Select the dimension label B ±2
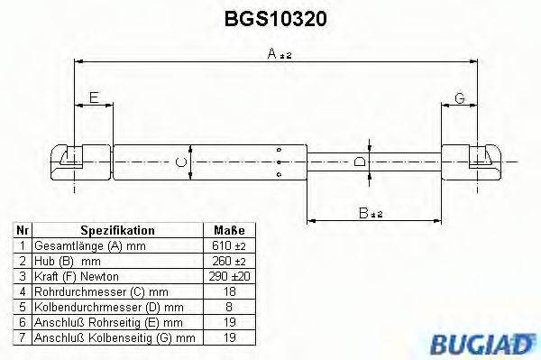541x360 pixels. point(371,213)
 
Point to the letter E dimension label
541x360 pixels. point(93,97)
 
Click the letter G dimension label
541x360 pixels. point(459,97)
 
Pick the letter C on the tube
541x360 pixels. point(181,162)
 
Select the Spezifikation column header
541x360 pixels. point(117,231)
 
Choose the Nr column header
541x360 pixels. point(23,231)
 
